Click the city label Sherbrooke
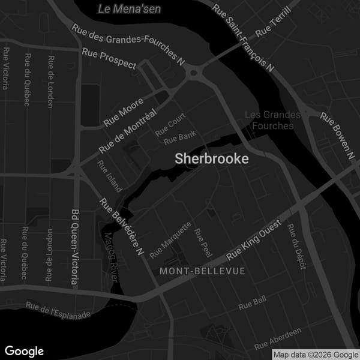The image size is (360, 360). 211,159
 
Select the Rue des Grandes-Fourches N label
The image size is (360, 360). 128,44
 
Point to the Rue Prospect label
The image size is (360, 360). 109,60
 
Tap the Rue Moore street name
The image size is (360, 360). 124,112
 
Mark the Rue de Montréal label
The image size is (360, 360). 128,130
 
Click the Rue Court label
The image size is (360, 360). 170,124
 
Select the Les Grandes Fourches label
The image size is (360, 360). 272,120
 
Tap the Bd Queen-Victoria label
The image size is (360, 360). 75,247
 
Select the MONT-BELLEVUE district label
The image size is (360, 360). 202,271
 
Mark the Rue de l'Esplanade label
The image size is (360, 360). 58,310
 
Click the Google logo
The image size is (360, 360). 24,351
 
